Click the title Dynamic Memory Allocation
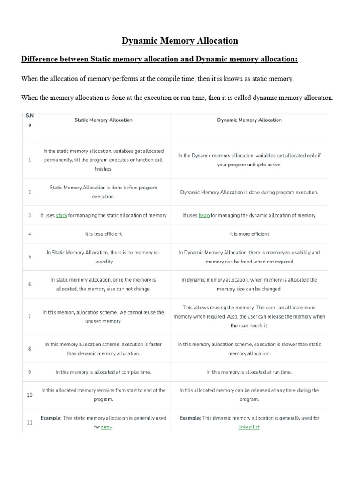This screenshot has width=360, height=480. [180, 41]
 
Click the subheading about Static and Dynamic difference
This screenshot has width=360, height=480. [159, 60]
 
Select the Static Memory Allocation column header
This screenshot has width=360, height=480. [104, 120]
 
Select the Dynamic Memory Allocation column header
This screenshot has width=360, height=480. [249, 120]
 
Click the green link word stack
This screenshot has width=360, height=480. [61, 216]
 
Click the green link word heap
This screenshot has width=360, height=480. [204, 216]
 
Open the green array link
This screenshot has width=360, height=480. [106, 427]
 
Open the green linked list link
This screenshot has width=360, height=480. [249, 427]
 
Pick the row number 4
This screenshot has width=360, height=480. [30, 234]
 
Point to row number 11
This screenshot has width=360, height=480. [30, 423]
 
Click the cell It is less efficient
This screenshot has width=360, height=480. [104, 234]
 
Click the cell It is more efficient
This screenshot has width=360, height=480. [249, 234]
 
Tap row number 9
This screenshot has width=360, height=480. [30, 372]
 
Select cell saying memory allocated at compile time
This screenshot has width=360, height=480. [104, 372]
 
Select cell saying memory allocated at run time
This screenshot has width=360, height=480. [249, 372]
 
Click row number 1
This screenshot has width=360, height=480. [30, 160]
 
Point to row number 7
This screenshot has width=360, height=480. [30, 316]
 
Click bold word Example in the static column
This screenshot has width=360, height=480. [51, 418]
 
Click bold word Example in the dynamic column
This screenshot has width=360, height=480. [190, 418]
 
